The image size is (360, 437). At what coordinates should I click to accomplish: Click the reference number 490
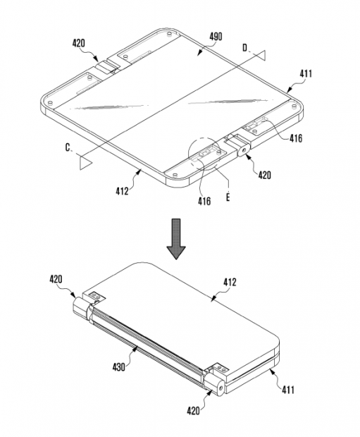[216, 37]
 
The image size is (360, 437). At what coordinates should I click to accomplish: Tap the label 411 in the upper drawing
[306, 74]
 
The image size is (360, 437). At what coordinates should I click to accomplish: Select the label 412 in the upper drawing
[123, 191]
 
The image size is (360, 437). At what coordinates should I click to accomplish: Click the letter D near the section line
[244, 48]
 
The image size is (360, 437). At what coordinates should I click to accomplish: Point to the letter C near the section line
[68, 147]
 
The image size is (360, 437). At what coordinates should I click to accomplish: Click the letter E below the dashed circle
[228, 197]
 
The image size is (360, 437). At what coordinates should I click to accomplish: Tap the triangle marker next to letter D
[261, 55]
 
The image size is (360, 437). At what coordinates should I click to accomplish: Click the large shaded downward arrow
[176, 239]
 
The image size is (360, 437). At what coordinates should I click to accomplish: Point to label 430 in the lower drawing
[118, 367]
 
